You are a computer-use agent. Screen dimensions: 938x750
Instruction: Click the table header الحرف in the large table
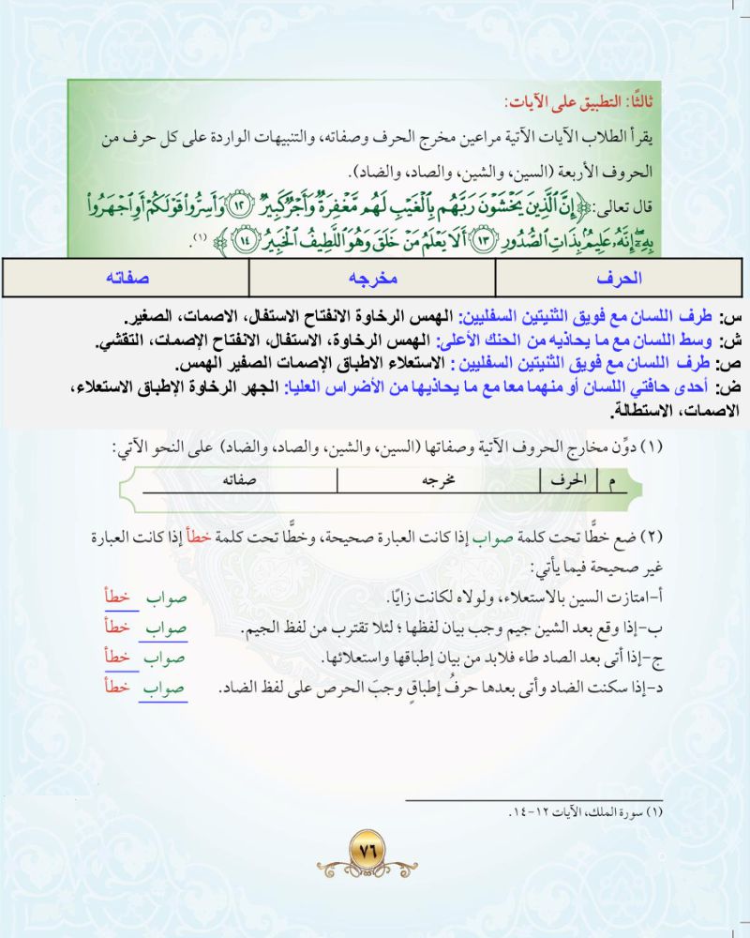click(x=619, y=278)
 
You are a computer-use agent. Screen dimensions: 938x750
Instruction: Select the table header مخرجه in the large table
click(x=373, y=278)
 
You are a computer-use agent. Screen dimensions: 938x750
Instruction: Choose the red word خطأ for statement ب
click(x=117, y=627)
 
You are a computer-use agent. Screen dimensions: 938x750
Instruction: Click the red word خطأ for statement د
click(x=117, y=688)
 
